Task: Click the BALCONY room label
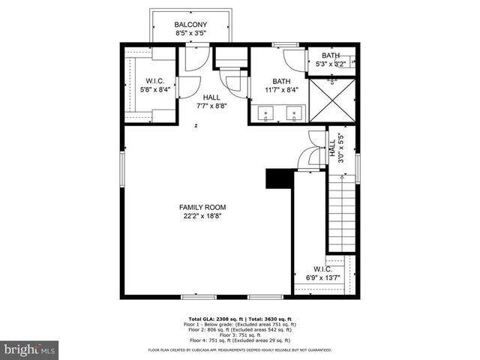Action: [x=190, y=24]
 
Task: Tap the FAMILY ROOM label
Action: [x=202, y=207]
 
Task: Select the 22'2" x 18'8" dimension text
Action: [x=202, y=216]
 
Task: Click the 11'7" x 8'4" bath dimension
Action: [x=281, y=90]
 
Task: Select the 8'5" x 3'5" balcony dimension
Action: [x=190, y=34]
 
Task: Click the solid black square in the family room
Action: [x=278, y=179]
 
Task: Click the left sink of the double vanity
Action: [x=267, y=114]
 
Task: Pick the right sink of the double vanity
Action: [x=295, y=114]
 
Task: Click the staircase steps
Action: [x=341, y=214]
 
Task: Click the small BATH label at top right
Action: [x=330, y=55]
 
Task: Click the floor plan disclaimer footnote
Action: [x=239, y=349]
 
